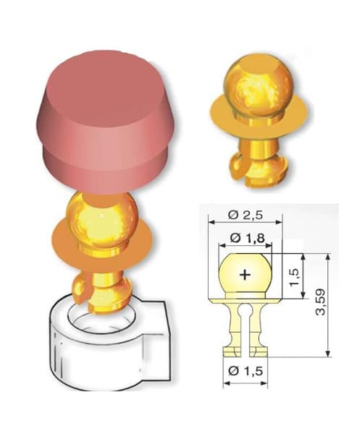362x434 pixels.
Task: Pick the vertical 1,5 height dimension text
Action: point(293,275)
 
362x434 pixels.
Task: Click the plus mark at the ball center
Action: point(245,274)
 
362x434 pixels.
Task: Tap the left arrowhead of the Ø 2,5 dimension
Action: point(210,221)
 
